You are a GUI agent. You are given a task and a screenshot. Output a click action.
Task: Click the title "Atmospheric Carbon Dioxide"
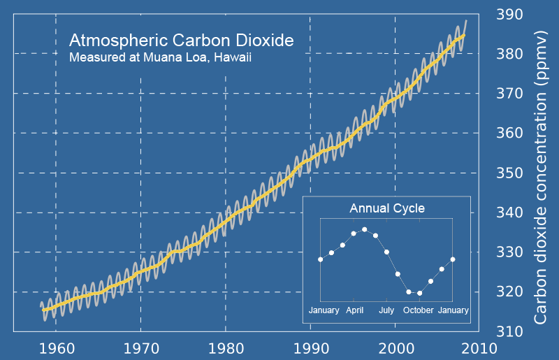point(181,40)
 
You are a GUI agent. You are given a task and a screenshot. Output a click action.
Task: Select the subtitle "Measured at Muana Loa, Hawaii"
point(160,57)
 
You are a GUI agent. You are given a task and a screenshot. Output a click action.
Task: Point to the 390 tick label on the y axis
point(509,14)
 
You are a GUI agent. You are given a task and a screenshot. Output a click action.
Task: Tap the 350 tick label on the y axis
point(509,173)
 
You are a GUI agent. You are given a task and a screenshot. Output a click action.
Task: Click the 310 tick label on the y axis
point(509,331)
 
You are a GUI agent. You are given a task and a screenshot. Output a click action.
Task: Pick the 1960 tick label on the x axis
point(56,347)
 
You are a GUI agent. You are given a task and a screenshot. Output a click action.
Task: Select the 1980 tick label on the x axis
point(226,347)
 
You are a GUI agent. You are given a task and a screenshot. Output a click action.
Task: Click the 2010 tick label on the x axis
point(480,347)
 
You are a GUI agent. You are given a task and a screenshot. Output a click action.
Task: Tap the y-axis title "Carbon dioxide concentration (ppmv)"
point(542,176)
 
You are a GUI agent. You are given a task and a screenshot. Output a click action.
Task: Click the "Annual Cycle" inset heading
point(387,208)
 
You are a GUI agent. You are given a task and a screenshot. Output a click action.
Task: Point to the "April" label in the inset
point(354,310)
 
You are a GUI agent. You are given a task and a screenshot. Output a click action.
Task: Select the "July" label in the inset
point(386,310)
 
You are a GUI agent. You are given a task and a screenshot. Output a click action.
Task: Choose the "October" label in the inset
point(419,310)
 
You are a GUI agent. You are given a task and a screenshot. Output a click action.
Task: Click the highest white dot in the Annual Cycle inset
point(365,229)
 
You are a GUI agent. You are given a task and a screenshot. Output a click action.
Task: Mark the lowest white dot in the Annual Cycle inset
point(419,293)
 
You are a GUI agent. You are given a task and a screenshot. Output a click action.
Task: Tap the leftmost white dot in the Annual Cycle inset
point(321,259)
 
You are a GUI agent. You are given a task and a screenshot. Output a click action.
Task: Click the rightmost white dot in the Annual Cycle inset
point(453,259)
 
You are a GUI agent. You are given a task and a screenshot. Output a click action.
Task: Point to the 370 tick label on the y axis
point(509,93)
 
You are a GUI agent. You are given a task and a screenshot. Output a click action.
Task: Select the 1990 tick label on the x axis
point(310,347)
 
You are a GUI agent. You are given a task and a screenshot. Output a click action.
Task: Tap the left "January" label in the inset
point(324,310)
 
